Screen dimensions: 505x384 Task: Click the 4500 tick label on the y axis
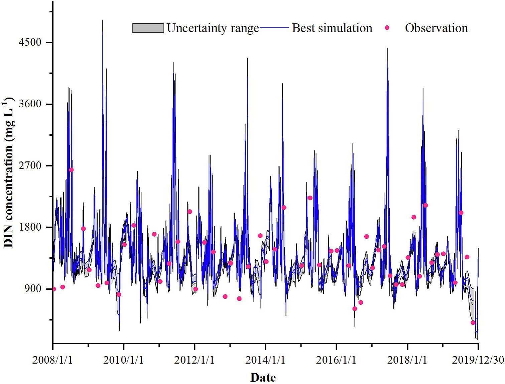pyautogui.click(x=30, y=42)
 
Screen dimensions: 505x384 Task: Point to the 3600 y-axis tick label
pyautogui.click(x=30, y=104)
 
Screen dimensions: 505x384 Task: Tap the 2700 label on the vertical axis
pyautogui.click(x=30, y=166)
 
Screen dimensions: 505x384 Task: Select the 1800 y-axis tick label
pyautogui.click(x=30, y=227)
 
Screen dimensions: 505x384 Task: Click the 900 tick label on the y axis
pyautogui.click(x=33, y=289)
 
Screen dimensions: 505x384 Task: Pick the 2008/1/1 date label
pyautogui.click(x=52, y=360)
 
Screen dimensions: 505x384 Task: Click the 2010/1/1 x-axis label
pyautogui.click(x=123, y=360)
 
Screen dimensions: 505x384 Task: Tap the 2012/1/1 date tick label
pyautogui.click(x=194, y=360)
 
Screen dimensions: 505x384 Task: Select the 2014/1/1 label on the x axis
pyautogui.click(x=265, y=360)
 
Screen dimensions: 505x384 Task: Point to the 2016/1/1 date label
pyautogui.click(x=336, y=360)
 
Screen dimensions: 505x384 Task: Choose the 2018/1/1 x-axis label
pyautogui.click(x=407, y=360)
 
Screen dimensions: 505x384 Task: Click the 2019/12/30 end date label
pyautogui.click(x=478, y=360)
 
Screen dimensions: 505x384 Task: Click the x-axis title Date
pyautogui.click(x=263, y=377)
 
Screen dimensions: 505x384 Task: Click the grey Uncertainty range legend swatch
pyautogui.click(x=148, y=28)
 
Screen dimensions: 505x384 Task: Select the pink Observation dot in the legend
pyautogui.click(x=387, y=28)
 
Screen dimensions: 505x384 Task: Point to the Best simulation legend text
pyautogui.click(x=332, y=28)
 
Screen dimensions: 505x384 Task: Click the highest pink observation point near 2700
pyautogui.click(x=71, y=170)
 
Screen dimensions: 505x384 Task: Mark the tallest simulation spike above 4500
pyautogui.click(x=103, y=21)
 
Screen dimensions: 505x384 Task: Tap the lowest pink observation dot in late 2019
pyautogui.click(x=473, y=323)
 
